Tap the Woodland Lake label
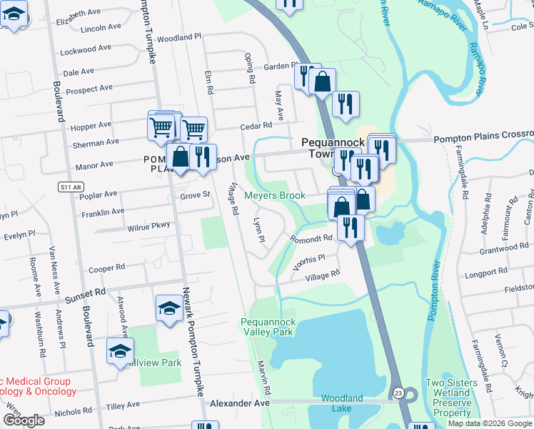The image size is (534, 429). [x=342, y=403]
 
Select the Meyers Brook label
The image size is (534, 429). [x=275, y=195]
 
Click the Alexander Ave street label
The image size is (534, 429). [x=240, y=403]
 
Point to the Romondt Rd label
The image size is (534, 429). [x=311, y=238]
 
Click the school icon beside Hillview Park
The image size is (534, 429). [x=120, y=350]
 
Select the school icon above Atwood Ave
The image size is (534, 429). [x=168, y=308]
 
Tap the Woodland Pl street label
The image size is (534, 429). [x=180, y=38]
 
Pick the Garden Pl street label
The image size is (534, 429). [x=279, y=66]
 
